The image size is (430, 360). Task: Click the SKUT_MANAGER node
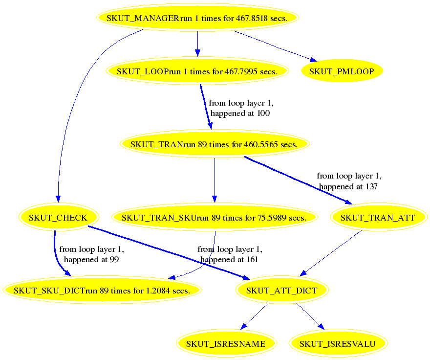pyautogui.click(x=197, y=18)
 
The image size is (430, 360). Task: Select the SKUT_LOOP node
pyautogui.click(x=197, y=71)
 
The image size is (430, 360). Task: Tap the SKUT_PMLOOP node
pyautogui.click(x=342, y=71)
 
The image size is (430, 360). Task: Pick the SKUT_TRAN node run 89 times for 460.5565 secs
pyautogui.click(x=215, y=144)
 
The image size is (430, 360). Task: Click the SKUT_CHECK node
pyautogui.click(x=58, y=218)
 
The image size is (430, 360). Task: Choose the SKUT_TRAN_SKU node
pyautogui.click(x=214, y=218)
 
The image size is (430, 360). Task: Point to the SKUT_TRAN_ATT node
pyautogui.click(x=378, y=218)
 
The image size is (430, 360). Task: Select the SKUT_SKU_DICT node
pyautogui.click(x=102, y=291)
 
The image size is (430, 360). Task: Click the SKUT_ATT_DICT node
pyautogui.click(x=281, y=291)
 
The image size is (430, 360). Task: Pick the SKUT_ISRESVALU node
pyautogui.click(x=338, y=344)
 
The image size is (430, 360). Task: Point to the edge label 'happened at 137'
pyautogui.click(x=348, y=186)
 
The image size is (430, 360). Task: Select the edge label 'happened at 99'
pyautogui.click(x=91, y=259)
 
